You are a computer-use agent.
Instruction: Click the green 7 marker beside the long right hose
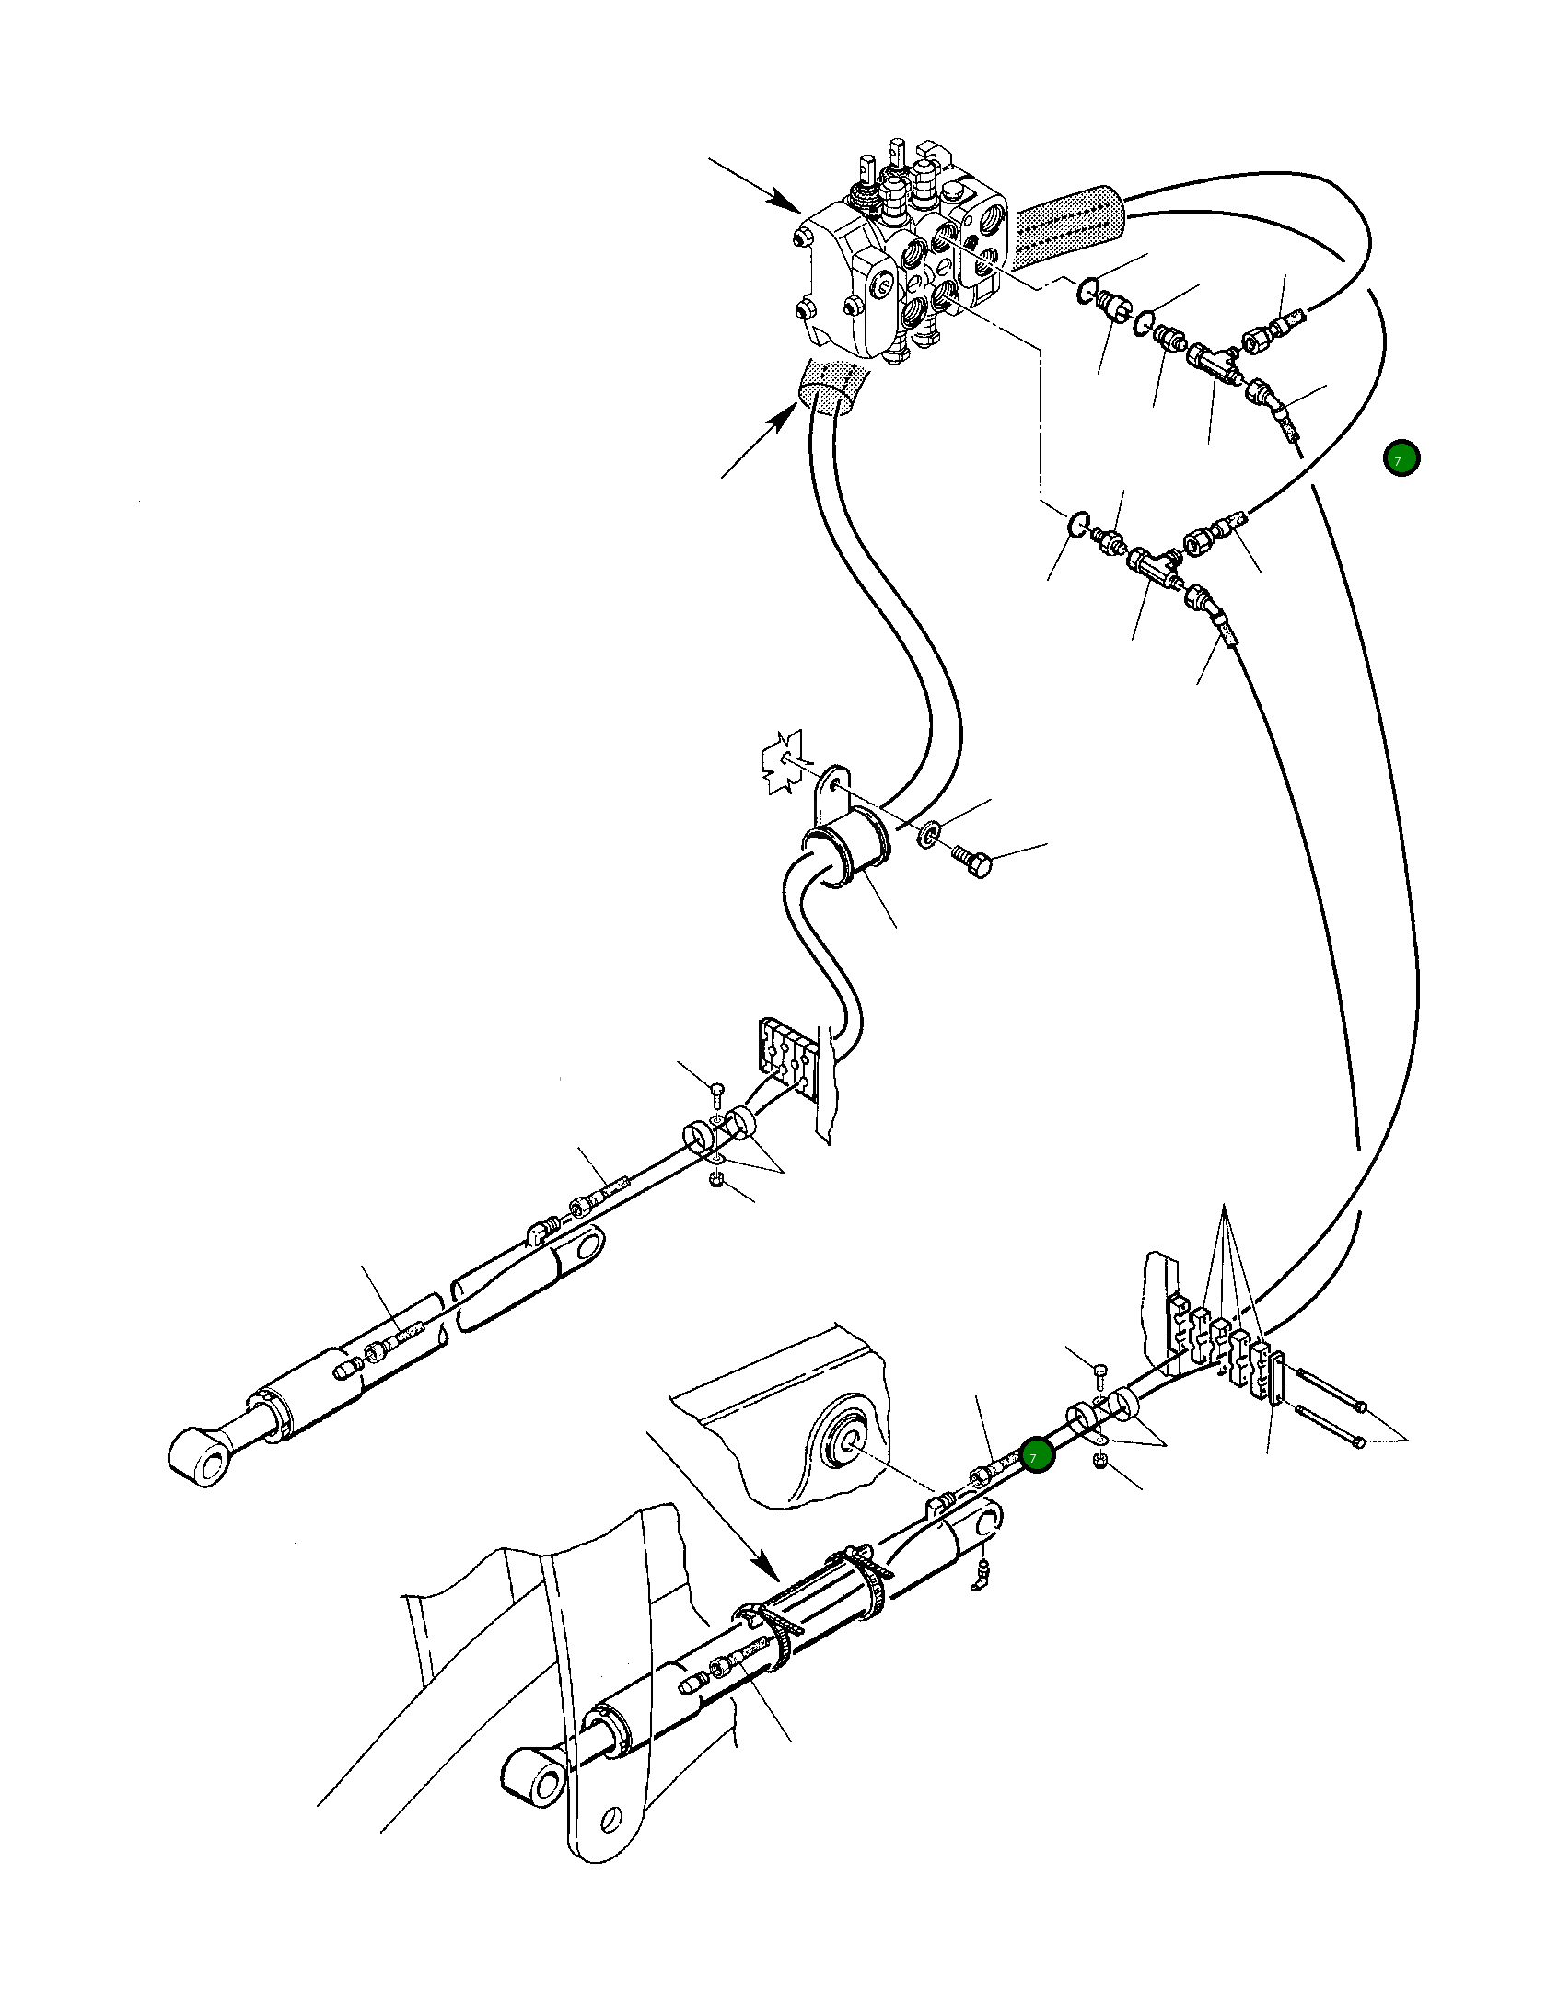pos(1401,458)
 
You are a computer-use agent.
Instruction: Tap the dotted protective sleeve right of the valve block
pos(1070,225)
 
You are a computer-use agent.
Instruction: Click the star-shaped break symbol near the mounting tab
pos(783,762)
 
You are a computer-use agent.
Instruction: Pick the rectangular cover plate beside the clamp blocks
pos(1277,1377)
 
